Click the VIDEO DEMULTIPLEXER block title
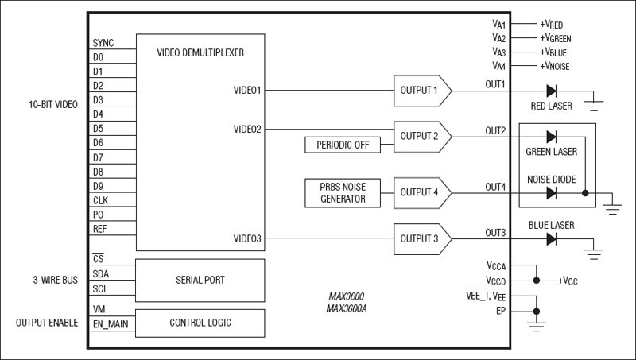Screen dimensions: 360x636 click(200, 53)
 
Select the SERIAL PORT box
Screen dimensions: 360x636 click(200, 280)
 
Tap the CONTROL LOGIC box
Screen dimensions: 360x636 click(200, 323)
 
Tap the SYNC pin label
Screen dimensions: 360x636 click(104, 43)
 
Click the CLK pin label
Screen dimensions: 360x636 click(100, 200)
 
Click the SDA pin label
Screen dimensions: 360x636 click(101, 273)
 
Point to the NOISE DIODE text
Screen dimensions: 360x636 click(550, 179)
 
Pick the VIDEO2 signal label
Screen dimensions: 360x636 click(247, 129)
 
